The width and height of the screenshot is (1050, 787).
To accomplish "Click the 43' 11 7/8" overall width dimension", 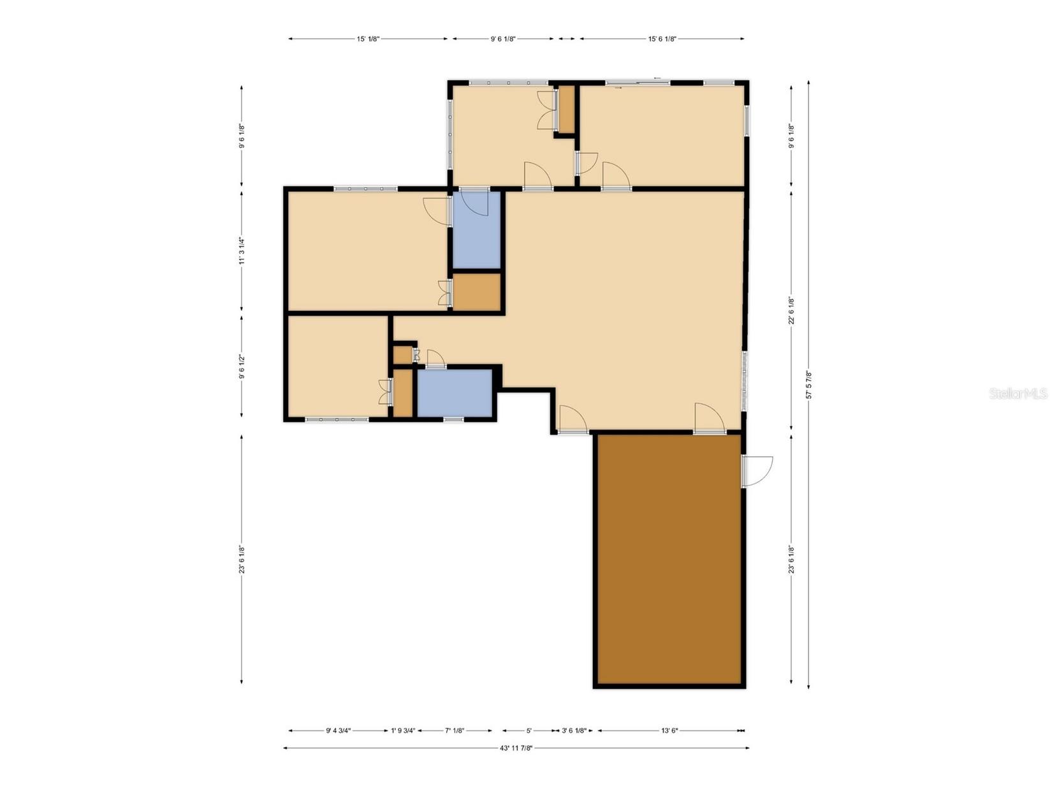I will (x=516, y=748).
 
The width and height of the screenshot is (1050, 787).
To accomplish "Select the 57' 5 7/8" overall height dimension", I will (x=809, y=385).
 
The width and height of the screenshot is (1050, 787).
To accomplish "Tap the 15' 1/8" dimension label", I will (x=368, y=39).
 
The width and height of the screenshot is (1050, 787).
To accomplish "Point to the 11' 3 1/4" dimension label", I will (x=242, y=251).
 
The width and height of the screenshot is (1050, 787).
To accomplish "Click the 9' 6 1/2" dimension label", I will (x=242, y=367).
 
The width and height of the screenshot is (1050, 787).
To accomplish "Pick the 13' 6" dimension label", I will (x=669, y=731).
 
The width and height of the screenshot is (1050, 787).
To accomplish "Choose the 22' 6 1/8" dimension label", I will (x=792, y=311).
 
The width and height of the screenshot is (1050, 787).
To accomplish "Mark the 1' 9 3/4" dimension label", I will (x=403, y=731).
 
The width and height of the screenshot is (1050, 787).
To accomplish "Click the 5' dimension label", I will (x=529, y=731).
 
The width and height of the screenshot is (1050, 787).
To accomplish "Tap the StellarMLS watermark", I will (x=1018, y=394).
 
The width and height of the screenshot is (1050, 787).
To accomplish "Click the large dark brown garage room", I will (x=669, y=561).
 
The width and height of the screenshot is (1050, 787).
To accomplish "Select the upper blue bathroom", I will (x=476, y=231).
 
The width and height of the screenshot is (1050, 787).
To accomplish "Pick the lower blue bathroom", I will (x=455, y=393).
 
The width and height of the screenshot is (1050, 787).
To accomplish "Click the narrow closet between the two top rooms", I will (x=565, y=109).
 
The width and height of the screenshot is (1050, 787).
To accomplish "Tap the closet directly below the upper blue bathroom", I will (x=476, y=292).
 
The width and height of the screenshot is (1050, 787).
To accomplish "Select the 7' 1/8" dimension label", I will (x=455, y=731).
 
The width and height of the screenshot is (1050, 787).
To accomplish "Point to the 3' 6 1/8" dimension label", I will (x=574, y=731).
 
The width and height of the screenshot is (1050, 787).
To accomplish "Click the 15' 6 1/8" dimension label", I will (x=662, y=39).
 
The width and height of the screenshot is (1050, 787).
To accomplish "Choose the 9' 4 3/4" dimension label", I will (x=338, y=731).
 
